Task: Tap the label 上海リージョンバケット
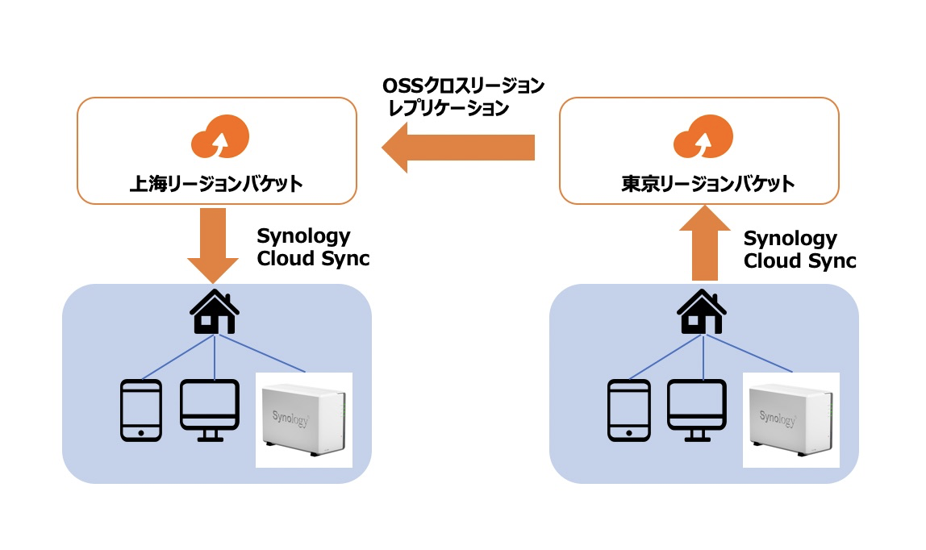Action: [216, 184]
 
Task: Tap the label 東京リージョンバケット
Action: [699, 184]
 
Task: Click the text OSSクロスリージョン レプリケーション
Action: [462, 96]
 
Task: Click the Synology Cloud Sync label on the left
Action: [313, 248]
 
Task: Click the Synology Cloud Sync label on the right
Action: [799, 250]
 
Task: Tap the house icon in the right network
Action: [699, 313]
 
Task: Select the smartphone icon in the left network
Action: [141, 410]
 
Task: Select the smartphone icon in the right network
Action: [628, 410]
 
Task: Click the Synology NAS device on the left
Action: [305, 420]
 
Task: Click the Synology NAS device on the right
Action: [791, 420]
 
